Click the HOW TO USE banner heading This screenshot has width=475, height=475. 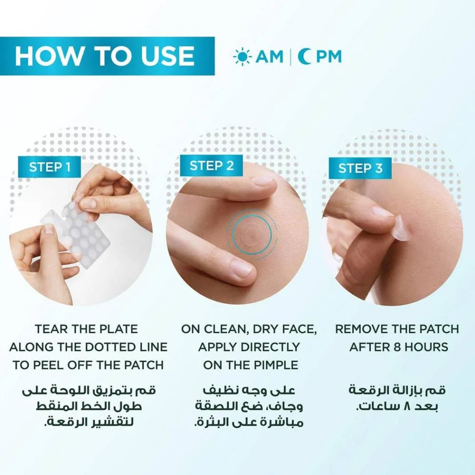click(104, 56)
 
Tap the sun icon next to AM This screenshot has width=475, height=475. click(242, 57)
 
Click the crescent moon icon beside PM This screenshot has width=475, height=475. click(303, 57)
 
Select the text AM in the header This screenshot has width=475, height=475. click(269, 57)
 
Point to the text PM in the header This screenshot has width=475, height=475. click(328, 57)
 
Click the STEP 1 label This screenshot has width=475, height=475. click(50, 167)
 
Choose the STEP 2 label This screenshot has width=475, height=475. click(211, 166)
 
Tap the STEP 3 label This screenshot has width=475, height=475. click(360, 168)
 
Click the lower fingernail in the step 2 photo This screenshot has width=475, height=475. click(241, 267)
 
